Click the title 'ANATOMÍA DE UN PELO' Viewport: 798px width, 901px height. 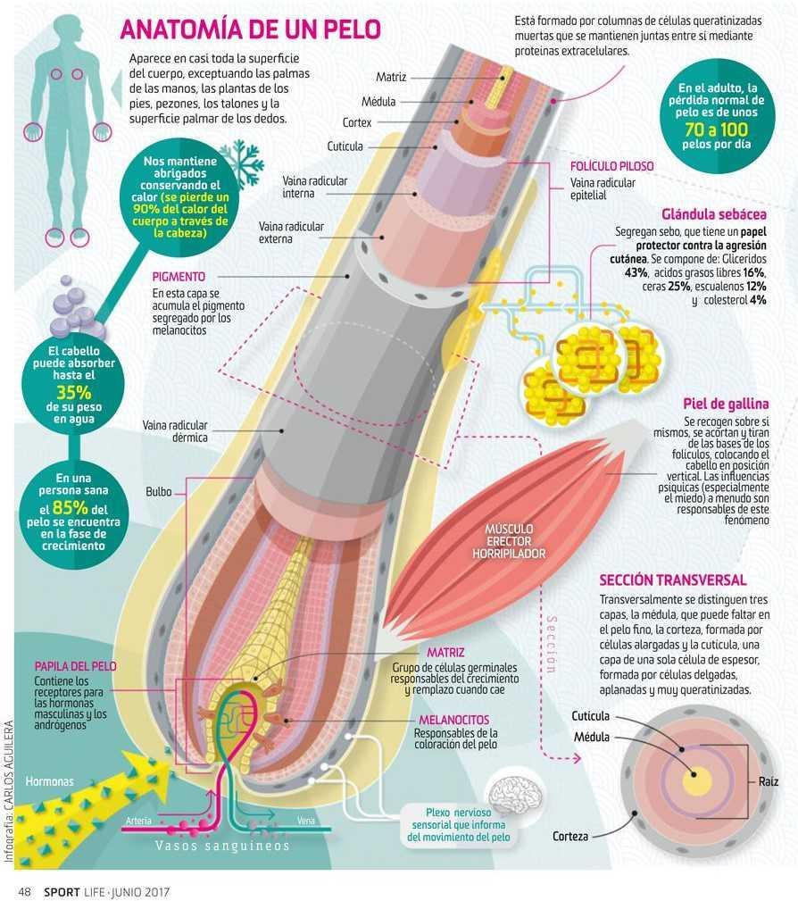coord(251,29)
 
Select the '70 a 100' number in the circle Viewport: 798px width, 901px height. coord(717,129)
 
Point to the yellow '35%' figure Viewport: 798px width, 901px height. coord(74,393)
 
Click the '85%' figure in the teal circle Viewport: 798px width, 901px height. coord(71,508)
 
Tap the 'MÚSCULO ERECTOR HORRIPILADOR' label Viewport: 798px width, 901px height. coord(509,541)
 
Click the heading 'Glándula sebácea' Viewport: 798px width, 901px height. coord(714,214)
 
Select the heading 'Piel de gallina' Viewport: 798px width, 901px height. coord(726,404)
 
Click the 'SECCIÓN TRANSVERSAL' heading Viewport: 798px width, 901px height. coord(673,580)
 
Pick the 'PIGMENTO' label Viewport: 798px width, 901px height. coord(179,277)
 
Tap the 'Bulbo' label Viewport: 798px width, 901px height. coord(159,492)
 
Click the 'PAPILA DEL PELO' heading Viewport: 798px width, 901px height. coord(75,666)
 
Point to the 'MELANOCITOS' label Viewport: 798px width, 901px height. coord(453,720)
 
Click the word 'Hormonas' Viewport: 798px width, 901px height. coord(49,781)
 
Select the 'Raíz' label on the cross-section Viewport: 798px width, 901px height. coord(769,781)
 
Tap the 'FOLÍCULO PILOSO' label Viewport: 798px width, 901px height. coord(611,167)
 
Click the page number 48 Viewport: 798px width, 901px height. coord(24,891)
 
